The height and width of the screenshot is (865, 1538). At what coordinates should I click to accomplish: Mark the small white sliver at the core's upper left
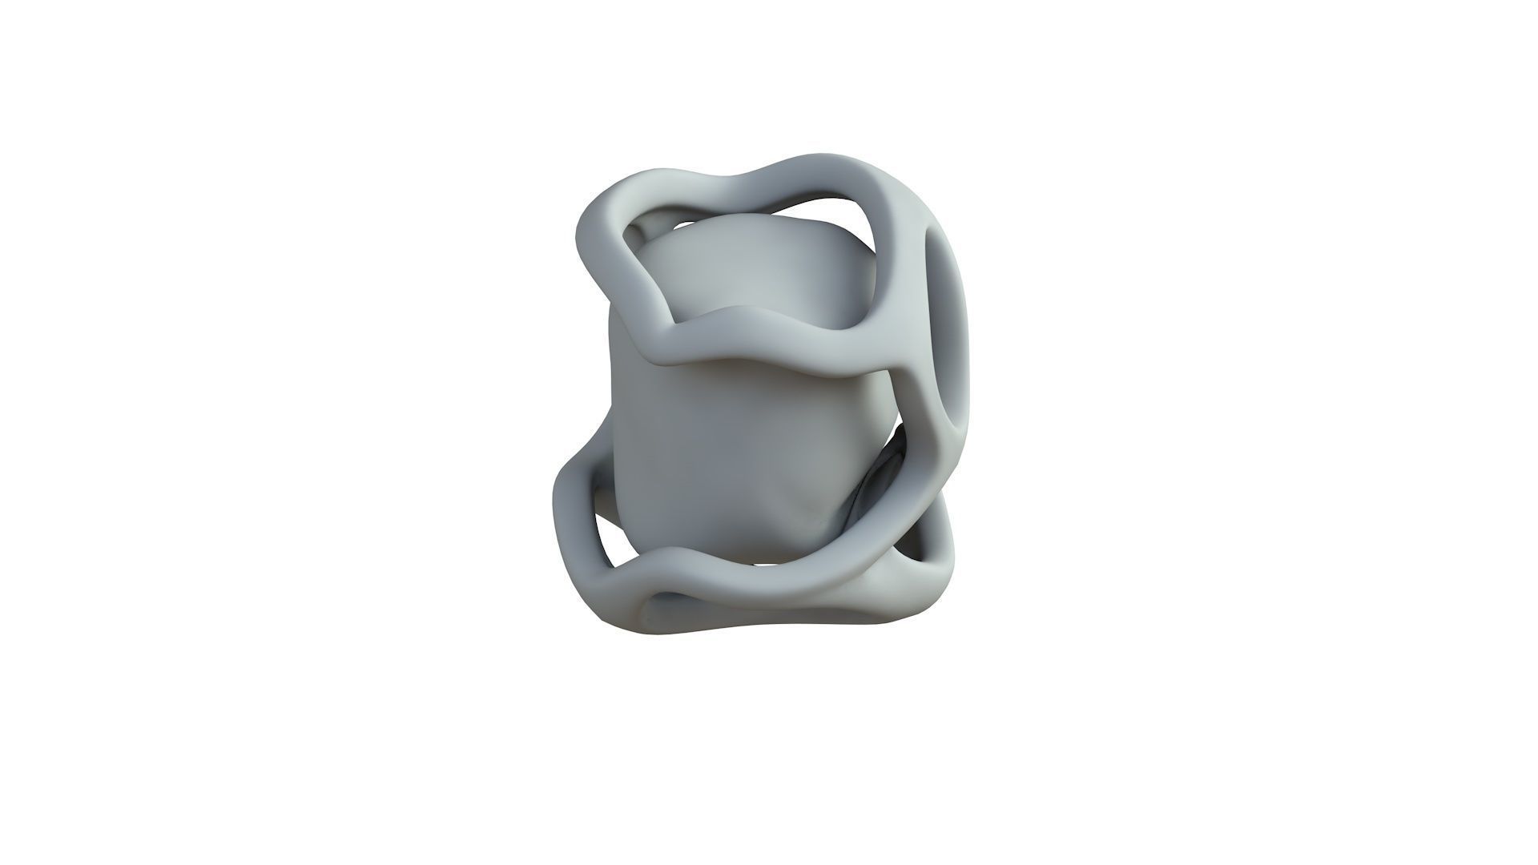[x=633, y=232]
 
